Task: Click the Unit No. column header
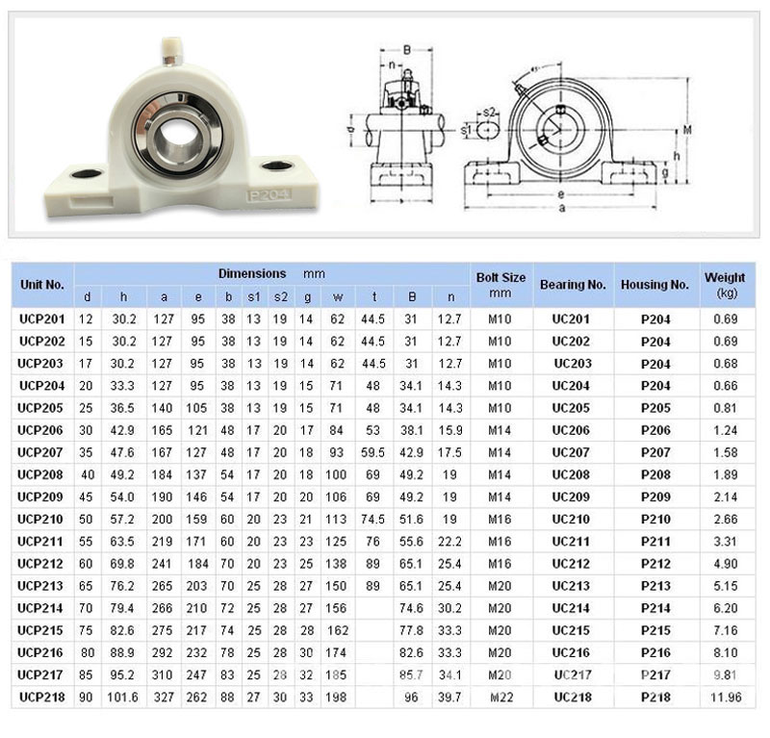coord(42,285)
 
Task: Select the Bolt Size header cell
coord(500,285)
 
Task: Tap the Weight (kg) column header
coord(725,285)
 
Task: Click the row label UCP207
coord(40,452)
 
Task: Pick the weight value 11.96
coord(726,698)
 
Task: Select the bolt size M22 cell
coord(501,698)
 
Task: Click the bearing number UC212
coord(571,564)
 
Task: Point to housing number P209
coord(655,496)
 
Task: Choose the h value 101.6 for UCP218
coord(123,698)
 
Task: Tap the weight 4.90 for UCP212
coord(726,564)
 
